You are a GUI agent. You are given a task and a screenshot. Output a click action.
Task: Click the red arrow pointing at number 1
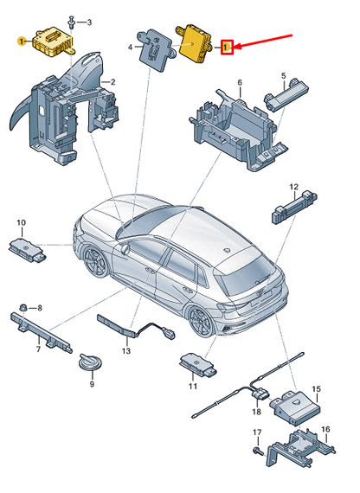[264, 42]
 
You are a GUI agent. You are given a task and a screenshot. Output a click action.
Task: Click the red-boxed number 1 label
[227, 48]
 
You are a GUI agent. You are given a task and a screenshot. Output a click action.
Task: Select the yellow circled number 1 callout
[22, 42]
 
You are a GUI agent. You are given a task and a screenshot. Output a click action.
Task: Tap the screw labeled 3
[72, 22]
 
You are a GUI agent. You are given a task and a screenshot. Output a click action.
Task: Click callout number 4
[131, 48]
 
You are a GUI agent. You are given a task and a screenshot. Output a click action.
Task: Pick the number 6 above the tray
[240, 83]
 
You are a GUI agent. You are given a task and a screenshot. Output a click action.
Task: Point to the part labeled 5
[286, 93]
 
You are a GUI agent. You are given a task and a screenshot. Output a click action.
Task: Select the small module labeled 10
[28, 250]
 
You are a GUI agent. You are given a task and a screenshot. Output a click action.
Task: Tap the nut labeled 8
[23, 308]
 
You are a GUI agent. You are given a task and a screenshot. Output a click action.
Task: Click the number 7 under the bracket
[38, 349]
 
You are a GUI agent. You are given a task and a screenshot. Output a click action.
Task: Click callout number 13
[125, 350]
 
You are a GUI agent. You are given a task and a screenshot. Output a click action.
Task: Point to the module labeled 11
[198, 365]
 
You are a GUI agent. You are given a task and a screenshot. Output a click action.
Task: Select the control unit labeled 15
[295, 407]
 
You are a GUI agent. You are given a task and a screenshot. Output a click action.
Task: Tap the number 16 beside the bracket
[325, 429]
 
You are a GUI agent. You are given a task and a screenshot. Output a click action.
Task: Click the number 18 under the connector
[257, 411]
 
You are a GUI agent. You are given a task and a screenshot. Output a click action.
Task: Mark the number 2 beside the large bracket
[112, 82]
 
